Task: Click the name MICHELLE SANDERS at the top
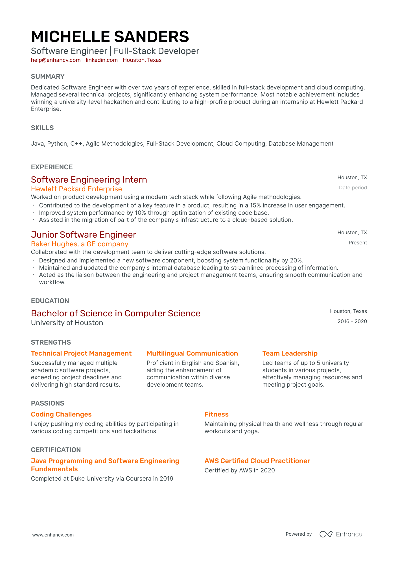110,37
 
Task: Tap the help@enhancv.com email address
56,60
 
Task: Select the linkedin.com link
102,60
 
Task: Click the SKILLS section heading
42,128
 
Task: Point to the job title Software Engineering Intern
89,180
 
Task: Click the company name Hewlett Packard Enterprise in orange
76,189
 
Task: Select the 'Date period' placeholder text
353,188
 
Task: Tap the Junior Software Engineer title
84,235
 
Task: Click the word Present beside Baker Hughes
357,243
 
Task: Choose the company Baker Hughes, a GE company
80,244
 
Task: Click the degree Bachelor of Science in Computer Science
116,314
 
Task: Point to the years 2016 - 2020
352,321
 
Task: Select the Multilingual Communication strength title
192,353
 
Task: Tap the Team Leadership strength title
290,353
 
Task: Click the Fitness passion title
217,414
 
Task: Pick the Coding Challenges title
61,414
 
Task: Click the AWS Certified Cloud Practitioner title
257,461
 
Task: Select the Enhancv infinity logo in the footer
326,534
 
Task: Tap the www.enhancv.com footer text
53,535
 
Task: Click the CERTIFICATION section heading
56,450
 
